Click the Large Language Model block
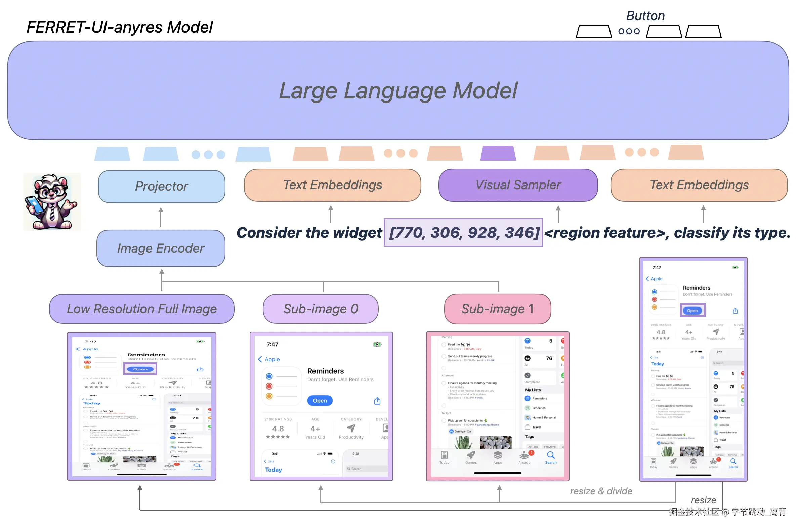coord(398,90)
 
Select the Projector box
coord(162,186)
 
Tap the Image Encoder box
coord(161,248)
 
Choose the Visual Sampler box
coord(518,185)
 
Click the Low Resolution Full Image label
coord(142,309)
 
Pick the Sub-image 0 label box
coord(321,309)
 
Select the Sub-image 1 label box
coord(498,309)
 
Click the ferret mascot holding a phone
coord(52,202)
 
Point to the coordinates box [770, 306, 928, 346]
coord(463,233)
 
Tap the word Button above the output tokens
coord(645,16)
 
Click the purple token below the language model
coord(498,153)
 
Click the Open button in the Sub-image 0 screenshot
coord(320,401)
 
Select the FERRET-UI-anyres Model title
coord(120,27)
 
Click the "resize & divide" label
coord(601,491)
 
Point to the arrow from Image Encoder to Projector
coord(161,216)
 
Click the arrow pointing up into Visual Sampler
coord(558,214)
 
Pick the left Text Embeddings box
coord(333,185)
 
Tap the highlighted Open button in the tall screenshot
coord(692,311)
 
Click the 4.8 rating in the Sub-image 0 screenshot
coord(278,429)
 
